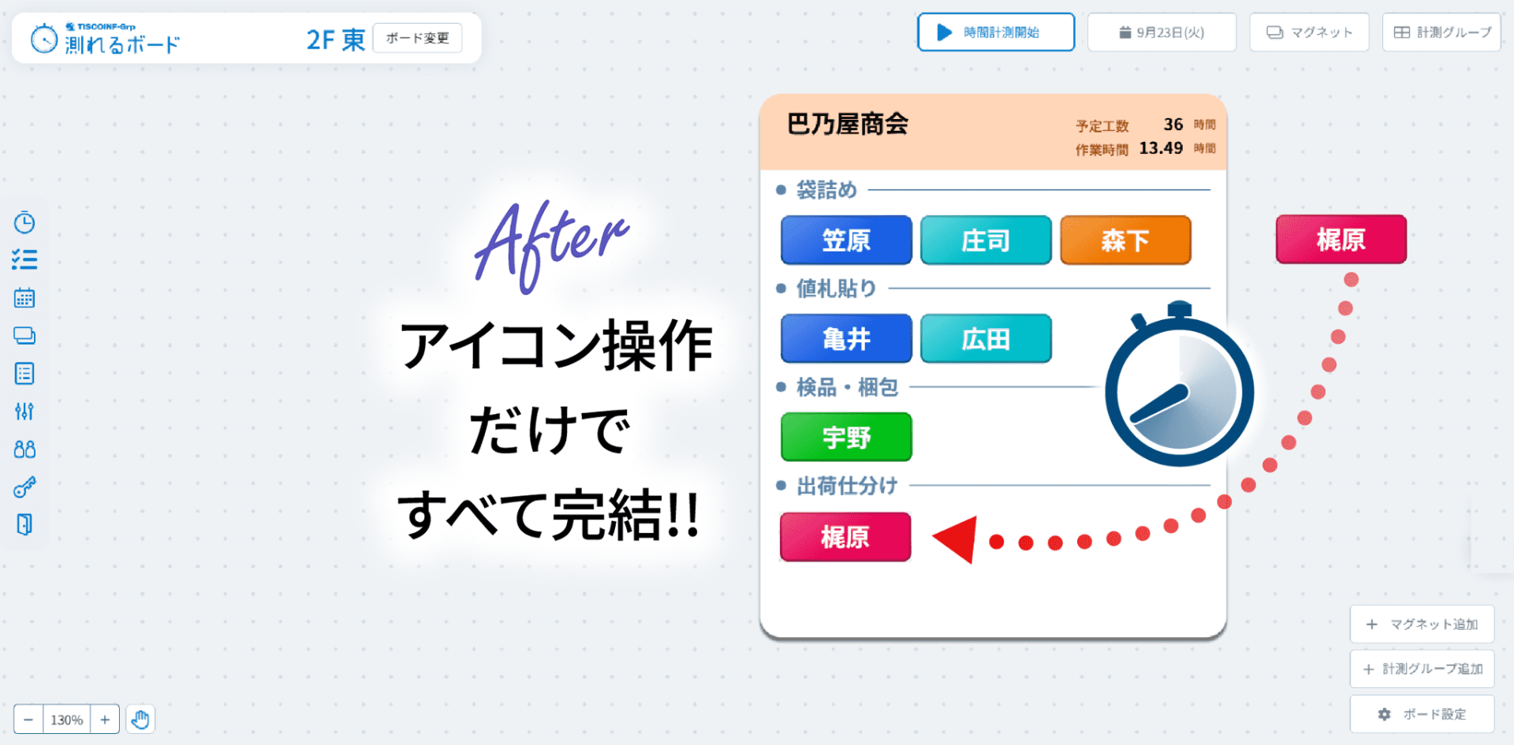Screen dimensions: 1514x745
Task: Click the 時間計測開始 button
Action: (996, 32)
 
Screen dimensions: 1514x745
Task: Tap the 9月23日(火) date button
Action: (1162, 32)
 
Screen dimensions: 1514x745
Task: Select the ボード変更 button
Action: (417, 38)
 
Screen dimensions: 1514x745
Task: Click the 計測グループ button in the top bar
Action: (1441, 32)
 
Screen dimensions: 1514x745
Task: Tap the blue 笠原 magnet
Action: (846, 240)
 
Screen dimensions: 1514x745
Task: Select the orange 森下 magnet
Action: (1125, 240)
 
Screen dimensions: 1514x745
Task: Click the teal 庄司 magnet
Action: (986, 240)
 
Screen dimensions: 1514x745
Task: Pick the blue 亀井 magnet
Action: (846, 338)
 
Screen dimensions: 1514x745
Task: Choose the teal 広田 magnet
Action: (986, 338)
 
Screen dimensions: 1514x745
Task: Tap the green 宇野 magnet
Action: (846, 437)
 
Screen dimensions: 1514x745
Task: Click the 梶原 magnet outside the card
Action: (1341, 239)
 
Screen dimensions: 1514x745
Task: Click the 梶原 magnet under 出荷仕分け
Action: (845, 537)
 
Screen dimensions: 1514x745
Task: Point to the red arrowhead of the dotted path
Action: (956, 540)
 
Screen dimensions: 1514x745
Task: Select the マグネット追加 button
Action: (1422, 624)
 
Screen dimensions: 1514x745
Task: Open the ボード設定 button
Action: (1422, 714)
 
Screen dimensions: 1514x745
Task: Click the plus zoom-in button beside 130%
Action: (105, 720)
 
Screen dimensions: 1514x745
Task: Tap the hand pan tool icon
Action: (140, 720)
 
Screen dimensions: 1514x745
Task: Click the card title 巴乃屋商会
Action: (848, 124)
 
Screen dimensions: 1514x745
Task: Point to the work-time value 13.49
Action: (1161, 148)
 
